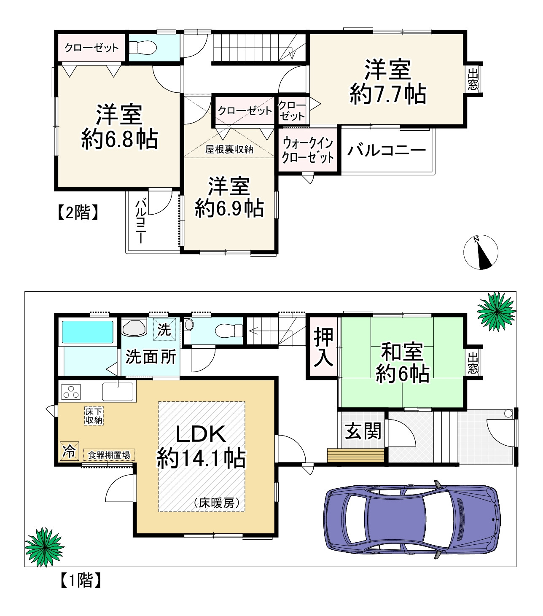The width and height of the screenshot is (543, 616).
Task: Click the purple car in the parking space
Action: [x=411, y=519]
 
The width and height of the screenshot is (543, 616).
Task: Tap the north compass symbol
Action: [x=480, y=252]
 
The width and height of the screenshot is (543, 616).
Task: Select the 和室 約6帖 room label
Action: [x=402, y=363]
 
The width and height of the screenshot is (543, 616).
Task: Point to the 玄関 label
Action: [x=363, y=431]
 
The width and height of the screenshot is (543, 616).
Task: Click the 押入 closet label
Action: [x=323, y=347]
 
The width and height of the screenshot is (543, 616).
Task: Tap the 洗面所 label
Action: [x=151, y=357]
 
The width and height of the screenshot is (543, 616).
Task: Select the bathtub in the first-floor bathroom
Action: [x=88, y=332]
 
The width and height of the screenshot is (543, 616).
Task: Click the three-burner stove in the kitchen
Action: [x=71, y=392]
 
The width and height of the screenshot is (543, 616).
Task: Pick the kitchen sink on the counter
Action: [x=118, y=392]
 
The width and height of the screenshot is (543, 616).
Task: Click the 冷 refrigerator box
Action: [x=69, y=451]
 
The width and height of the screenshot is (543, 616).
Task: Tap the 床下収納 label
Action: [x=94, y=416]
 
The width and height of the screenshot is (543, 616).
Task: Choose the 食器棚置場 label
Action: [x=109, y=455]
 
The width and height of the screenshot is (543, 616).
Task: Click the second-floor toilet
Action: [x=143, y=48]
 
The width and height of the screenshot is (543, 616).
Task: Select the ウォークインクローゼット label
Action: [x=308, y=150]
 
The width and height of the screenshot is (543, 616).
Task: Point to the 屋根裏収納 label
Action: [x=229, y=149]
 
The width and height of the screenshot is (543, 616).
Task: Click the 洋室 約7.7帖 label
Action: [x=387, y=82]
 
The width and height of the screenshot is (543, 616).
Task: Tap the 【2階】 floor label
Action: [x=78, y=212]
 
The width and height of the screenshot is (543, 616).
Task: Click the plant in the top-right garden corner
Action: [x=496, y=311]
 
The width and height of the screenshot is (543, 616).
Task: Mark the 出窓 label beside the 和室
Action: [x=473, y=363]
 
